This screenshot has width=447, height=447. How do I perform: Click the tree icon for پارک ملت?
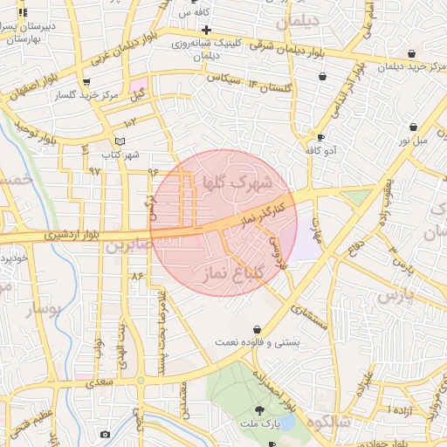click(x=259, y=409)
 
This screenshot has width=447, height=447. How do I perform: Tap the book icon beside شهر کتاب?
click(x=120, y=141)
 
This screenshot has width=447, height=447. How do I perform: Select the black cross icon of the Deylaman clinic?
click(x=207, y=31)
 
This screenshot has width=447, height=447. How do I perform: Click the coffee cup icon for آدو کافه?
click(x=321, y=137)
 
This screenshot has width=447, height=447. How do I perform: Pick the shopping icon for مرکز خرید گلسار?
click(x=86, y=83)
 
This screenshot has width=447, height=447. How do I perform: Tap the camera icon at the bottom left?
click(x=106, y=434)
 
